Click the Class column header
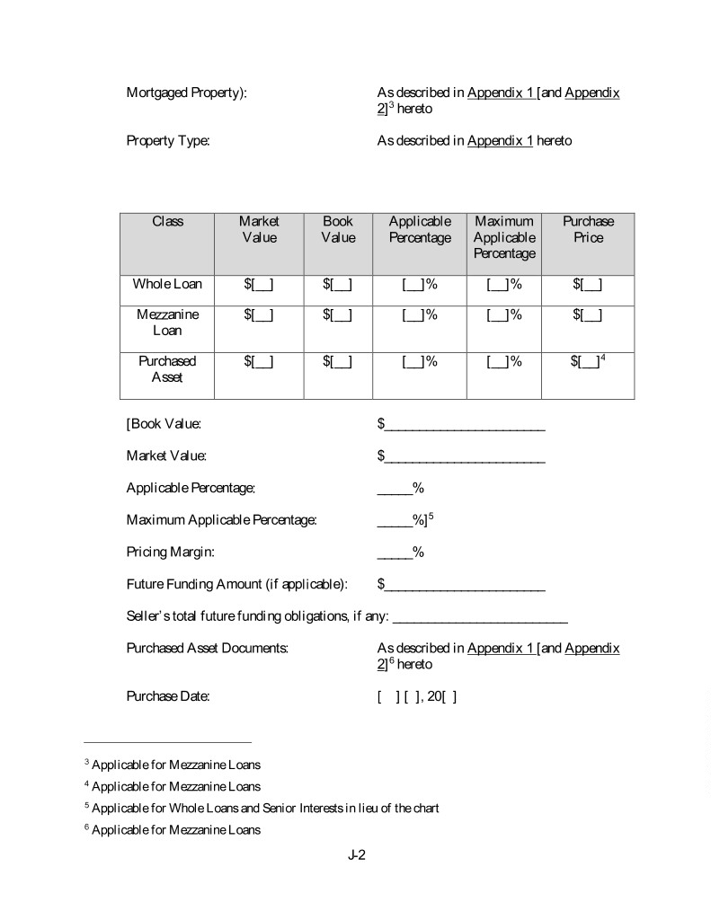167,221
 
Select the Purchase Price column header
588,229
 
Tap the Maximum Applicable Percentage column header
503,237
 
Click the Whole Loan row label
167,285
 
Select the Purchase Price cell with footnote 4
588,361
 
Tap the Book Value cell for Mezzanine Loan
338,314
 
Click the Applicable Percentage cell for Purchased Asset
420,361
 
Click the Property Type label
168,141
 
